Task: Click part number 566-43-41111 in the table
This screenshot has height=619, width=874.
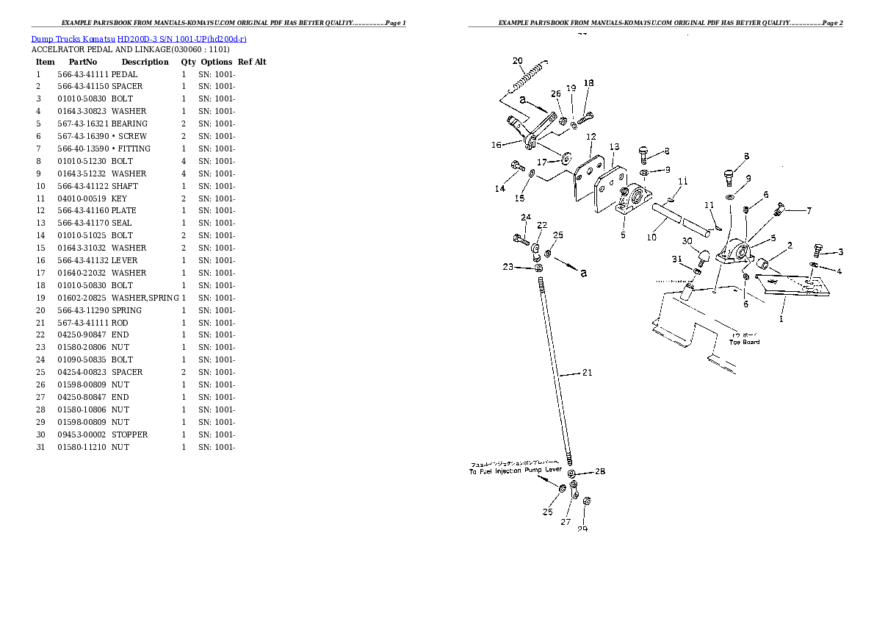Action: pyautogui.click(x=82, y=74)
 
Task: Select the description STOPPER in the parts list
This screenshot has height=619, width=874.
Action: pyautogui.click(x=129, y=434)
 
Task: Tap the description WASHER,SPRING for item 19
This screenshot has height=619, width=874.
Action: pyautogui.click(x=145, y=298)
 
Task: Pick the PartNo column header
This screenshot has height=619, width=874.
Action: pyautogui.click(x=83, y=62)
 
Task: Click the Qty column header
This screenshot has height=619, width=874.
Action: pyautogui.click(x=188, y=62)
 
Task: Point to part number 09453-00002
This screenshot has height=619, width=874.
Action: pyautogui.click(x=82, y=434)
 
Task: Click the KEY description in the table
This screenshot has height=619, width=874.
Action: pyautogui.click(x=119, y=198)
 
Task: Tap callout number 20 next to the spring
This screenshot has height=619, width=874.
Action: pyautogui.click(x=517, y=61)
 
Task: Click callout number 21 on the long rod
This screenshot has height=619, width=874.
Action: pyautogui.click(x=586, y=373)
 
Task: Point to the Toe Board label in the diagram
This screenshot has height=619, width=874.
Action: pyautogui.click(x=744, y=342)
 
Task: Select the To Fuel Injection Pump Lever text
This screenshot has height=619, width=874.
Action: pyautogui.click(x=515, y=470)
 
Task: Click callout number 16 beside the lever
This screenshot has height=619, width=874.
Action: pyautogui.click(x=496, y=145)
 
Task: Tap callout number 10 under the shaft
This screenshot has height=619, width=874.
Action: pyautogui.click(x=651, y=237)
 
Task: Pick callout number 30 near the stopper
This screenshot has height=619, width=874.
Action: pyautogui.click(x=687, y=240)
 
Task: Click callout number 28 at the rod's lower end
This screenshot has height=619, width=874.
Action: pyautogui.click(x=600, y=471)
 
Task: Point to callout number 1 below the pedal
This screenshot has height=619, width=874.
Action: pyautogui.click(x=781, y=319)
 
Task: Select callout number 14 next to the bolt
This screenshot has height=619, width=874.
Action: pyautogui.click(x=499, y=189)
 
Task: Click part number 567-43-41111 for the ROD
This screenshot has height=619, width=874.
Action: pyautogui.click(x=82, y=323)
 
